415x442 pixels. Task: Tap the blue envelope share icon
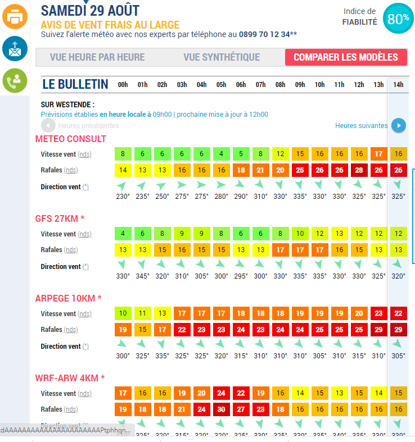[15, 49]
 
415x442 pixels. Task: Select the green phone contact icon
[15, 81]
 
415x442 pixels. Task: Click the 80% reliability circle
[398, 18]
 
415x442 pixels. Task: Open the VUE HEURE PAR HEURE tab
[97, 57]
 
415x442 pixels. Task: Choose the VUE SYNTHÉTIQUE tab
[222, 57]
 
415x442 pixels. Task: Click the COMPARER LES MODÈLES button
[345, 57]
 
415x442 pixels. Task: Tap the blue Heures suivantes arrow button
[399, 125]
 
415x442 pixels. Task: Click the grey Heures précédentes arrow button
[48, 125]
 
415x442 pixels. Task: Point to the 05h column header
[221, 85]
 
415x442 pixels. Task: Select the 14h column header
[398, 85]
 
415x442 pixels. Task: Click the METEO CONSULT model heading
[71, 139]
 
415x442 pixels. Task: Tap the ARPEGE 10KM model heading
[68, 298]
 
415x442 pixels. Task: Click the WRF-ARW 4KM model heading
[70, 378]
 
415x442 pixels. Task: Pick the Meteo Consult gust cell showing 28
[359, 170]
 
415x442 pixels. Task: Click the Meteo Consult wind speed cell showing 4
[221, 154]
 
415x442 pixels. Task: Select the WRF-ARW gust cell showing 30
[221, 409]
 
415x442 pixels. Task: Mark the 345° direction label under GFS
[142, 276]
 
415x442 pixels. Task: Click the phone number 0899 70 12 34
[264, 34]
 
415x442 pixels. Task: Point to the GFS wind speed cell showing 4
[123, 234]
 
